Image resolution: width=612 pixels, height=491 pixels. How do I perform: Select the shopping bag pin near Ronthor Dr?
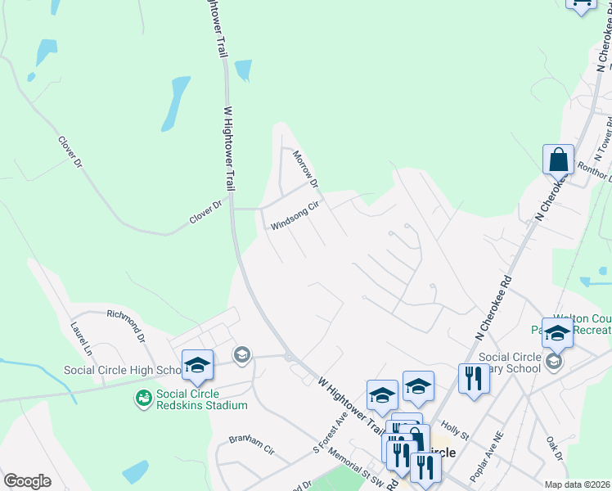558,160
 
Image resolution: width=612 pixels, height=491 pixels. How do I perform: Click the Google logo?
27,480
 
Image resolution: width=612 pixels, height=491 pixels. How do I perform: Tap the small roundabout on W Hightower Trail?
288,356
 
